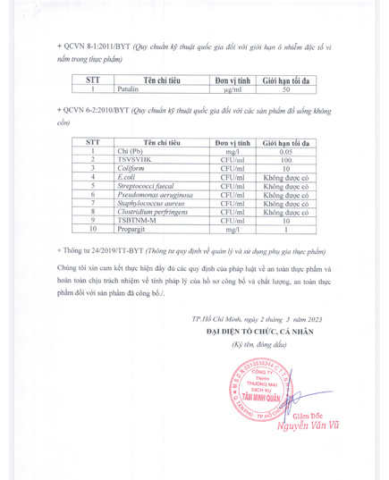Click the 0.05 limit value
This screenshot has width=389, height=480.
(x=287, y=153)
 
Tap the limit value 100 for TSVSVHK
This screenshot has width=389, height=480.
(x=287, y=161)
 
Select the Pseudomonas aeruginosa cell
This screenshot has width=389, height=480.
(x=157, y=195)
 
